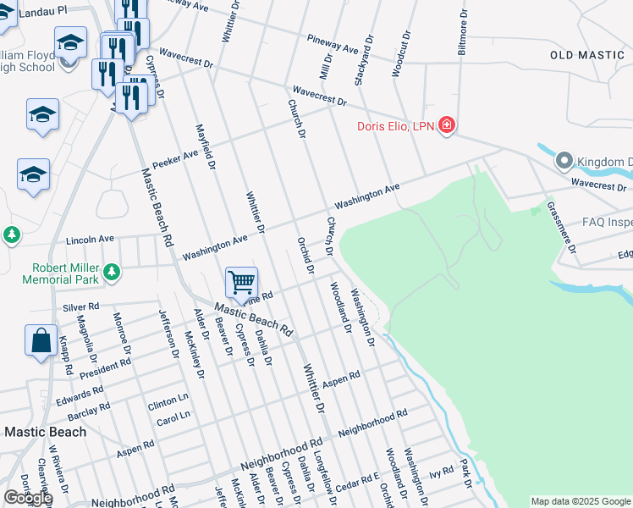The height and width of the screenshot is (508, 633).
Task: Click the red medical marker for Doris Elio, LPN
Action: pos(446,127)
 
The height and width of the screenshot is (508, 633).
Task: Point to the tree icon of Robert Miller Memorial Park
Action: pos(112,273)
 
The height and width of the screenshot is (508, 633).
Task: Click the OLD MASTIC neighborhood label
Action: pos(586,55)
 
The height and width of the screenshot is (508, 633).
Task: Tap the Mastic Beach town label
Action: pos(45,432)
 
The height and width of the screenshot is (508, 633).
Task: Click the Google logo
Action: pos(27,498)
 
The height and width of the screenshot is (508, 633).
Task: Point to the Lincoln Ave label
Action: pos(89,240)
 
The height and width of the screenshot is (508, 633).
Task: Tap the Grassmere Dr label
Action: pos(561,228)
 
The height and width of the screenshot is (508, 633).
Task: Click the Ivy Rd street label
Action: pos(442,471)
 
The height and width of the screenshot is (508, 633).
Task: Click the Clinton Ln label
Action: pos(168,400)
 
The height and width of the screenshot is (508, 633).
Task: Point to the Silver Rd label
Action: pos(81,306)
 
